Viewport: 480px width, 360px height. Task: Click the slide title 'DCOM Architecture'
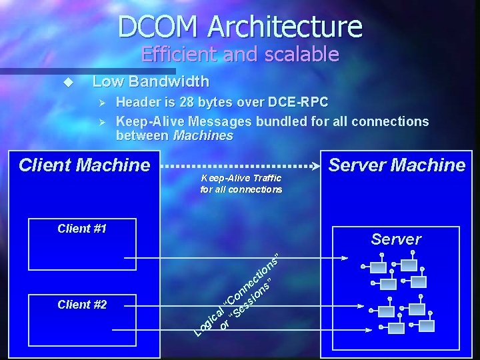(x=240, y=26)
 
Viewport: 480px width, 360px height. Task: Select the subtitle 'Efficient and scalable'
(x=240, y=54)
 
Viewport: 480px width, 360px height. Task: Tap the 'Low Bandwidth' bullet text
(x=151, y=82)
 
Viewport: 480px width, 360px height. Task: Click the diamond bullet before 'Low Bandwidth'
(x=67, y=83)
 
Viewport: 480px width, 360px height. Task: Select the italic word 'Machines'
(x=203, y=136)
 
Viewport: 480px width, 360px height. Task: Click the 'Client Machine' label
(x=85, y=165)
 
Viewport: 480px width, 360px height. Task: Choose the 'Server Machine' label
(x=397, y=165)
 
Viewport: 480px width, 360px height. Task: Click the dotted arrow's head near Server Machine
(x=316, y=165)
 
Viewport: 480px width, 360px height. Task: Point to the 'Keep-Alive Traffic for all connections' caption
(x=241, y=184)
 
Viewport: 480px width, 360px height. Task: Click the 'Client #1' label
(x=82, y=229)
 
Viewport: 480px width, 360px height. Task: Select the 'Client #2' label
(x=82, y=305)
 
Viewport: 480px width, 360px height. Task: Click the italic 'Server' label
(x=396, y=239)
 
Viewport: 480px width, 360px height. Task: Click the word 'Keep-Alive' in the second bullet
(x=150, y=122)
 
